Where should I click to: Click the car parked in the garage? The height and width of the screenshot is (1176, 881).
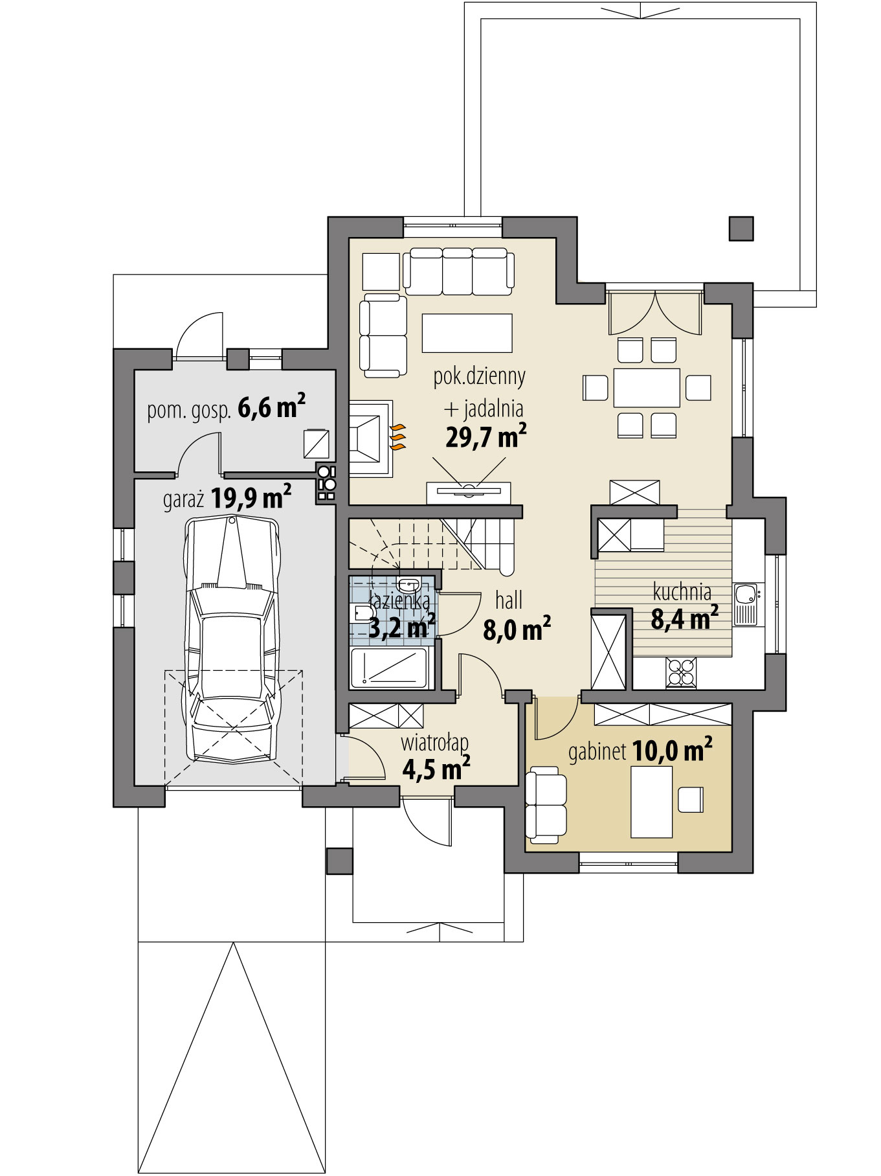(234, 639)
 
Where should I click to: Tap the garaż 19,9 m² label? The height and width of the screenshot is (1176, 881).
(227, 499)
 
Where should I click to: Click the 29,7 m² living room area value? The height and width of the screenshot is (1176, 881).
(485, 437)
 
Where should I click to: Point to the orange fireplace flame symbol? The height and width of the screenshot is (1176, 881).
(397, 437)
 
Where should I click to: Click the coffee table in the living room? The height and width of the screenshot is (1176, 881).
(467, 333)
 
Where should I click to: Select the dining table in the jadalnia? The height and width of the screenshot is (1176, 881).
(647, 387)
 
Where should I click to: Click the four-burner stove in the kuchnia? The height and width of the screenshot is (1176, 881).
(681, 672)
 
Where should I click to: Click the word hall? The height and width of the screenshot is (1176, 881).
(509, 601)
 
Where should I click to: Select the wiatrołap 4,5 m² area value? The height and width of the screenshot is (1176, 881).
(436, 769)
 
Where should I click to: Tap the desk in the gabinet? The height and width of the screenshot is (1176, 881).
(651, 802)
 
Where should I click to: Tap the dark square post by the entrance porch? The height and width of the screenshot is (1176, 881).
(340, 861)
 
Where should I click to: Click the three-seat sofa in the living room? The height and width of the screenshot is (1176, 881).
(458, 271)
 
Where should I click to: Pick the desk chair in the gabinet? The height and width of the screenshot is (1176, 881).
(691, 799)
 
